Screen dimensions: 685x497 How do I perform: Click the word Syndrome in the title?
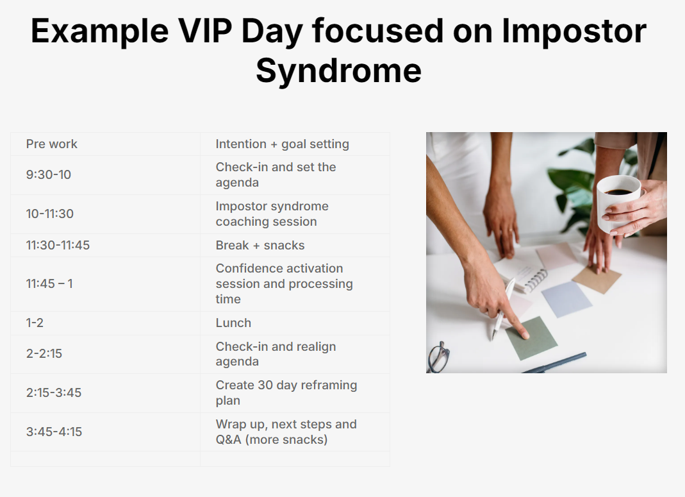pos(338,71)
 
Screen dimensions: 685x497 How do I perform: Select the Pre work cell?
pos(105,144)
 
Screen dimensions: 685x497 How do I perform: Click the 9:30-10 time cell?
pos(105,175)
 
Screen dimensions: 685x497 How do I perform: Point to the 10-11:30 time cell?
pos(105,214)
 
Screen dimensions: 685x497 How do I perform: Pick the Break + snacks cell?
pos(295,245)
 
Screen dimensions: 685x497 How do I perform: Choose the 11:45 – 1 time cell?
pos(105,284)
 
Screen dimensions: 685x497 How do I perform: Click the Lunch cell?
pos(295,323)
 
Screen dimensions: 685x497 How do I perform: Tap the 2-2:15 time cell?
pos(105,354)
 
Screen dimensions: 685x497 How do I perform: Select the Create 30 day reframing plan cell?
pos(295,393)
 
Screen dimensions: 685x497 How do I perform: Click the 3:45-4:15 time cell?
pos(105,432)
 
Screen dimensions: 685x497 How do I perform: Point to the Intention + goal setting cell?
pos(295,144)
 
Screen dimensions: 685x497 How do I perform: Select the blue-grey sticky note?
pos(566,299)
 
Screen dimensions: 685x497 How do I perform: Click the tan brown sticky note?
pos(596,278)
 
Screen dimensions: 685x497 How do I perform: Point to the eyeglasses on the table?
pos(438,357)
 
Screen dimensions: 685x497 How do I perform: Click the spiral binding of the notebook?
pos(536,280)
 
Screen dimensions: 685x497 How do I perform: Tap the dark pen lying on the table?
pos(554,363)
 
